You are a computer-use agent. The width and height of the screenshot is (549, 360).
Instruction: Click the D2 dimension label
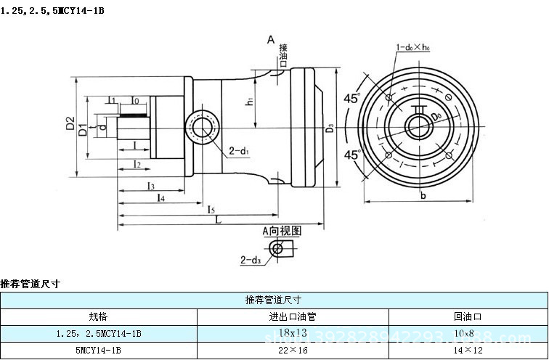(70, 124)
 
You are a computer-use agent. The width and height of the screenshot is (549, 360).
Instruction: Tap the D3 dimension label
(330, 128)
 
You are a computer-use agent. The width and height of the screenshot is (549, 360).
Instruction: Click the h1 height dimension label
(248, 102)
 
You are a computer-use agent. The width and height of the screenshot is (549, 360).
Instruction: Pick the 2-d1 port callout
(239, 151)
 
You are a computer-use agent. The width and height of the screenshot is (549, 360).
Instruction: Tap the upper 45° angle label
(352, 99)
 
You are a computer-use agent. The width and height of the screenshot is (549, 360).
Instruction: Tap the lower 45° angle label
(352, 155)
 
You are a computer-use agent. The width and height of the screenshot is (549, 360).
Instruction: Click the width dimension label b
(422, 195)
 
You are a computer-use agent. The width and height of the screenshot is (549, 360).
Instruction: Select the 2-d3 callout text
(251, 258)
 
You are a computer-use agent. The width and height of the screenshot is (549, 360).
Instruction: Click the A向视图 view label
(281, 230)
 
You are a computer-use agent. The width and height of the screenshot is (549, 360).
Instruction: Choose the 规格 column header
(98, 316)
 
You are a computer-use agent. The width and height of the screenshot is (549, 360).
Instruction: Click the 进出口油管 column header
(293, 316)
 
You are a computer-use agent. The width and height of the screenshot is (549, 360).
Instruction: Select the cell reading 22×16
(293, 350)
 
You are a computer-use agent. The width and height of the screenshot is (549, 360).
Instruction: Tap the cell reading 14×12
(468, 350)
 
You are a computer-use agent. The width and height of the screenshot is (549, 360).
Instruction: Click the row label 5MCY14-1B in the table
(98, 350)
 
